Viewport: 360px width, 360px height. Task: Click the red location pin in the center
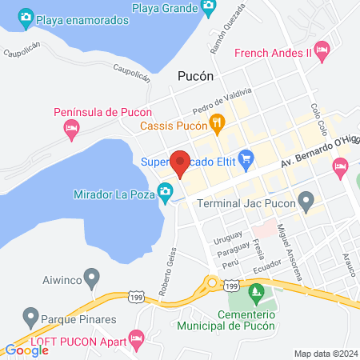180,164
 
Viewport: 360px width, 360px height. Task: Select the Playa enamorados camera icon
26,17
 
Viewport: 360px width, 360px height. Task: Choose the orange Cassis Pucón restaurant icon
216,123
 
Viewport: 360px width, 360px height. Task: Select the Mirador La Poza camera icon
165,190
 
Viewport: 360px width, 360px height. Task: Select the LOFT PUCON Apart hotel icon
137,339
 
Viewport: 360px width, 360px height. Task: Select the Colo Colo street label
319,119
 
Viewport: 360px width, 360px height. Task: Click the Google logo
26,350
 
